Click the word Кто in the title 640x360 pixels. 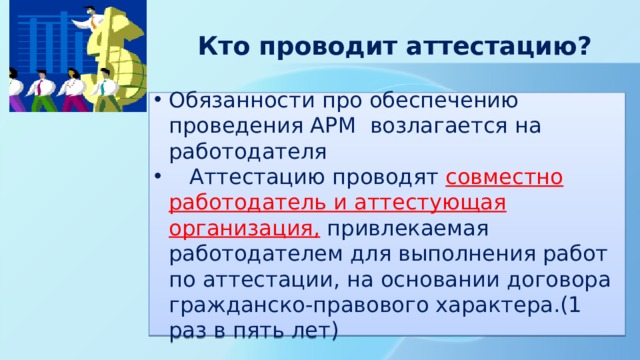click(222, 47)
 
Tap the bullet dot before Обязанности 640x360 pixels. click(158, 101)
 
